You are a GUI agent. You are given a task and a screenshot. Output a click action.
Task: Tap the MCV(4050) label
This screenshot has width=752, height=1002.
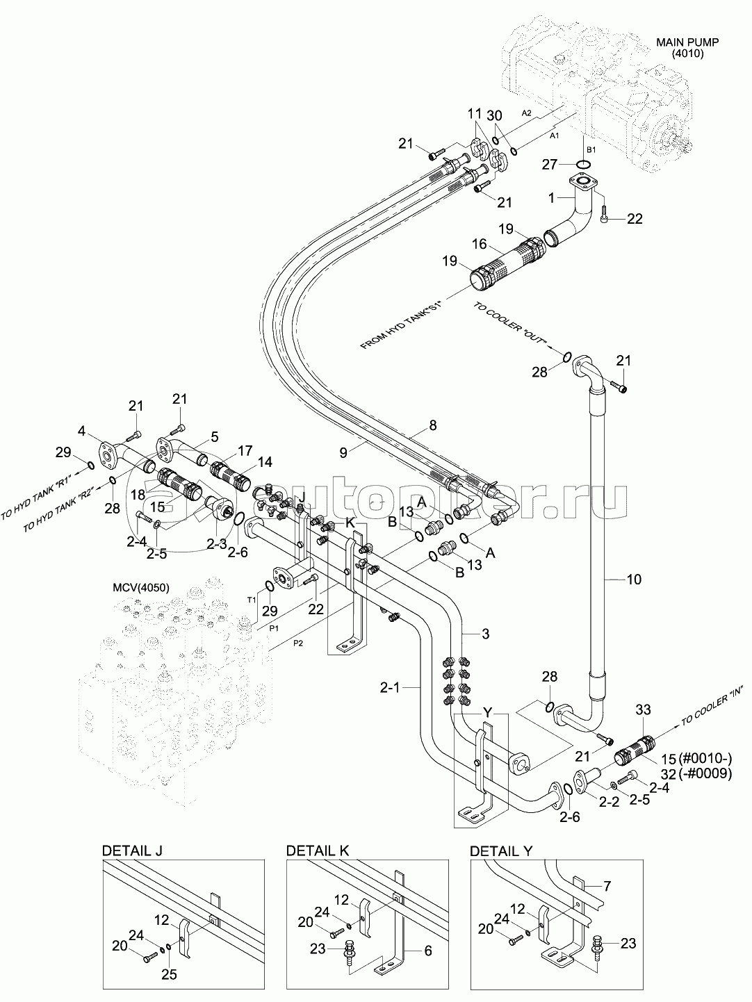pyautogui.click(x=141, y=588)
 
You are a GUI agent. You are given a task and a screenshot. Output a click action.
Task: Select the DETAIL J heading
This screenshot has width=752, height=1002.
pyautogui.click(x=133, y=851)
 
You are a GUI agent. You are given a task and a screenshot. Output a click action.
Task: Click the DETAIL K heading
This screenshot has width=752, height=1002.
pyautogui.click(x=318, y=851)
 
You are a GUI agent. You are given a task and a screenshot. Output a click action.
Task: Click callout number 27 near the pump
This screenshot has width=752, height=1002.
pyautogui.click(x=550, y=164)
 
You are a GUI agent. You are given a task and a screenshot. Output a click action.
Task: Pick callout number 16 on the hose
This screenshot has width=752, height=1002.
pyautogui.click(x=480, y=244)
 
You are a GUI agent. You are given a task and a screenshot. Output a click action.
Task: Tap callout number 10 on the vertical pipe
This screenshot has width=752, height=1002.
pyautogui.click(x=634, y=579)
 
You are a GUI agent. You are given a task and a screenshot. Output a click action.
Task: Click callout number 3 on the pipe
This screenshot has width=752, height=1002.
pyautogui.click(x=486, y=633)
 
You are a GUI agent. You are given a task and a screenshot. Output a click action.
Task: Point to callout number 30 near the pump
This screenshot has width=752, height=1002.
pyautogui.click(x=494, y=115)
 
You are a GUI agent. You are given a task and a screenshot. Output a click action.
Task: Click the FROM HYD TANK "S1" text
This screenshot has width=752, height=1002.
pyautogui.click(x=402, y=324)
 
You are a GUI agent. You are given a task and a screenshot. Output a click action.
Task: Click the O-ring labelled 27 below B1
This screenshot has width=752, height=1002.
pyautogui.click(x=585, y=165)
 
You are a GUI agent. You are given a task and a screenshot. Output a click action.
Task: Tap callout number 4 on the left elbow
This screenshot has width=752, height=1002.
pyautogui.click(x=81, y=431)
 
